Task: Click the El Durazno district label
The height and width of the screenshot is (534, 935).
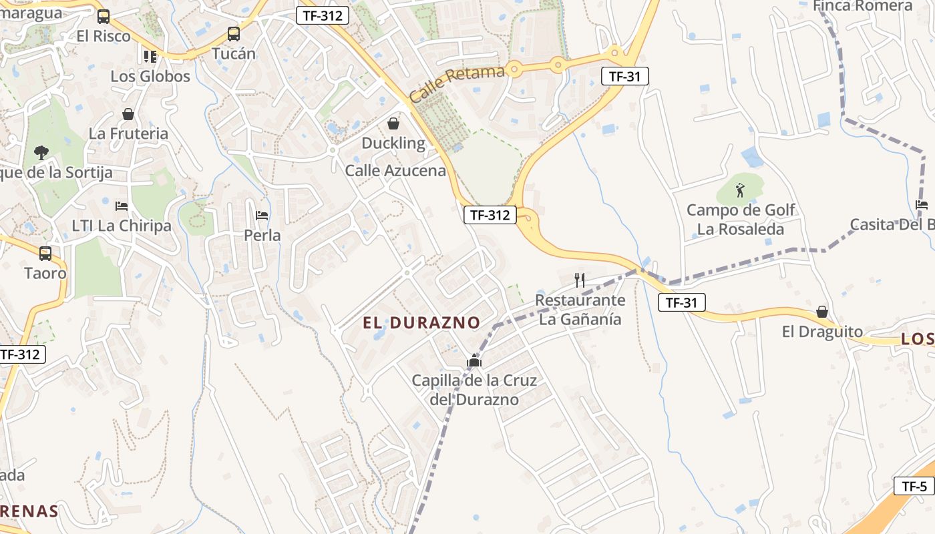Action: click(421, 323)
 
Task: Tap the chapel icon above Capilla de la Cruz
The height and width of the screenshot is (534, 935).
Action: click(474, 361)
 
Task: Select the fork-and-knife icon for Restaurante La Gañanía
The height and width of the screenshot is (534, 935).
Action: click(580, 280)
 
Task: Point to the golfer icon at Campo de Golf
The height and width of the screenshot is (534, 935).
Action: click(740, 190)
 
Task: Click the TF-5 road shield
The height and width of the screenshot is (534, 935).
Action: click(914, 486)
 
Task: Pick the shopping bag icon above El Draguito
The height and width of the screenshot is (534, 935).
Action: click(822, 312)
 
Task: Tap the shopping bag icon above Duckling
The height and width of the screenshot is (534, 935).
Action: click(393, 123)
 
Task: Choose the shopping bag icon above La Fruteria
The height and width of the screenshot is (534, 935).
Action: click(128, 114)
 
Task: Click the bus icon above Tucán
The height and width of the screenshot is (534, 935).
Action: click(233, 33)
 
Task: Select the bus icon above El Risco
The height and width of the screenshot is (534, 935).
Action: click(103, 17)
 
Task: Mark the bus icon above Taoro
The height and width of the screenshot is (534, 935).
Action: click(45, 254)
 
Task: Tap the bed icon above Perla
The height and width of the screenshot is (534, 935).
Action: click(262, 216)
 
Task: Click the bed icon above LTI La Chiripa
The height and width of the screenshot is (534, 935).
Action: click(121, 206)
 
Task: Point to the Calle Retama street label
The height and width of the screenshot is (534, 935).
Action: click(457, 83)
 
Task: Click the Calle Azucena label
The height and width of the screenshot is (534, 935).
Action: click(395, 171)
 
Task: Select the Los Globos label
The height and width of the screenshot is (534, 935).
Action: click(150, 76)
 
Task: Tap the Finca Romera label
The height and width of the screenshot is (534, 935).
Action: click(863, 6)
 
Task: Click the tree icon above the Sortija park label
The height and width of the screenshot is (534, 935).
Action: click(41, 152)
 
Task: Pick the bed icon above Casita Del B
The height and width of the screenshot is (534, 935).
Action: click(922, 204)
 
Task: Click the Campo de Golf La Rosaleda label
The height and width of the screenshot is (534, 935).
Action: click(741, 220)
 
